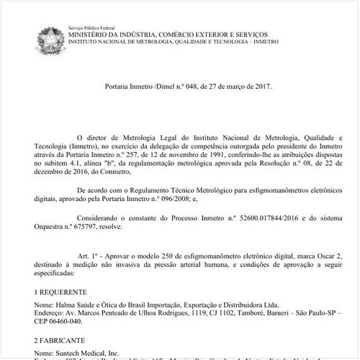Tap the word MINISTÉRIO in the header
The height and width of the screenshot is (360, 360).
89,34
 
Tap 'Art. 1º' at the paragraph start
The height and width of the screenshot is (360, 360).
88,256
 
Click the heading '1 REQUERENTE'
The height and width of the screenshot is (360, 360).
58,294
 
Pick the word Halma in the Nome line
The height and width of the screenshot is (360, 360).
64,305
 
